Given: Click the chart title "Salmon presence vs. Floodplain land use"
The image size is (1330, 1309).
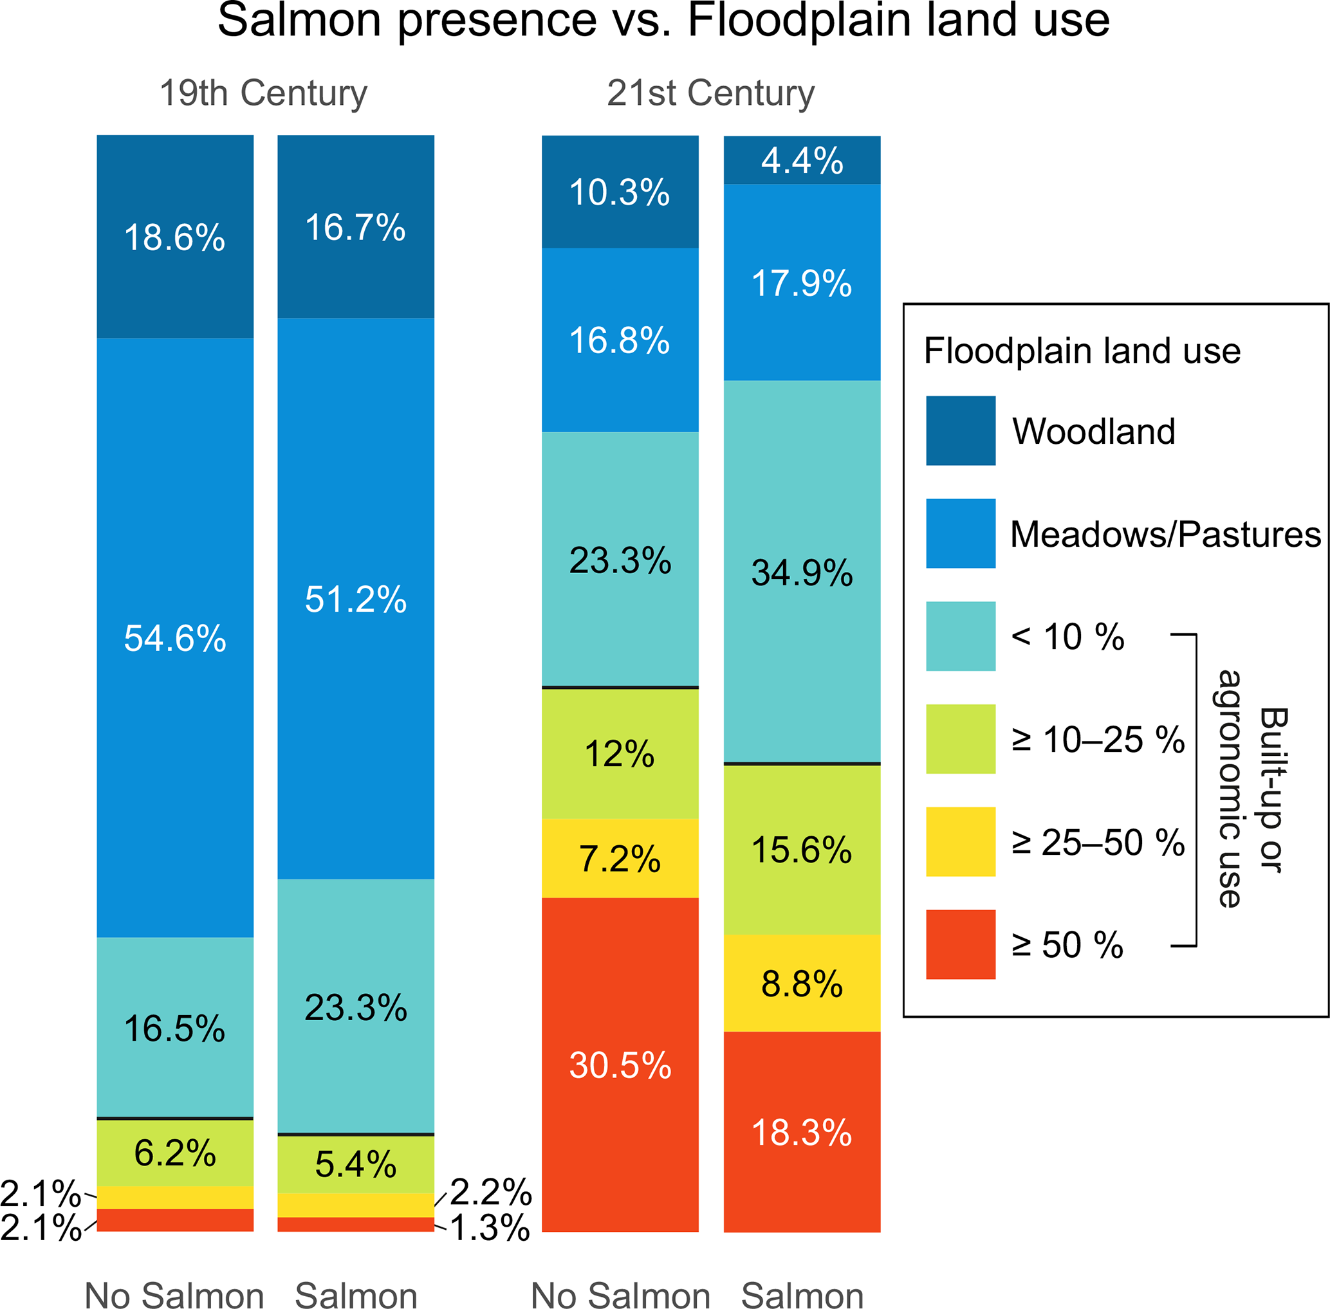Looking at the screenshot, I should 663,21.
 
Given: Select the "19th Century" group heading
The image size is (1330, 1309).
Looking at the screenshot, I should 263,93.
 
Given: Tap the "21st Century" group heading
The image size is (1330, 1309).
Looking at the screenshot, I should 710,93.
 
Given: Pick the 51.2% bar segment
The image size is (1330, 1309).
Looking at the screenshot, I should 356,599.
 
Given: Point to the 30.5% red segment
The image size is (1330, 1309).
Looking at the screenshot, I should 620,1065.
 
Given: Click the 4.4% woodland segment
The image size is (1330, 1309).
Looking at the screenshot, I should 802,161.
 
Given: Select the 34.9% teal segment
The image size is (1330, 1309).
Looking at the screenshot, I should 802,572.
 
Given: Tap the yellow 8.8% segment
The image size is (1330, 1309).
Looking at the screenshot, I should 802,984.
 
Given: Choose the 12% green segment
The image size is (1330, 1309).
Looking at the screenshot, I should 620,754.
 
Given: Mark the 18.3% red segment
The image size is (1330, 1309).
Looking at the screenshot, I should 802,1131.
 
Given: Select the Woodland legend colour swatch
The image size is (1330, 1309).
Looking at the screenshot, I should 960,430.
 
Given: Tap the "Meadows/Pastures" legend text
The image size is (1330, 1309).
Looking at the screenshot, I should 1165,534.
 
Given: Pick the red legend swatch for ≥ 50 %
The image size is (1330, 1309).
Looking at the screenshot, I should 960,944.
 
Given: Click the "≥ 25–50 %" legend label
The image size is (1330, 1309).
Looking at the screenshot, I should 1098,842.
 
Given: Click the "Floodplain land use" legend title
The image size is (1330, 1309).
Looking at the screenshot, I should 1082,351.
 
